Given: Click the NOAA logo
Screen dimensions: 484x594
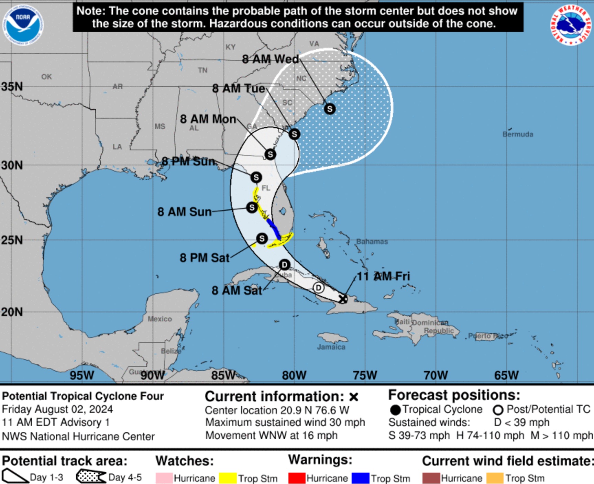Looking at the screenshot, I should pos(23,24).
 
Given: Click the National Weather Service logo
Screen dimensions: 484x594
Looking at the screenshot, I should pos(571,24).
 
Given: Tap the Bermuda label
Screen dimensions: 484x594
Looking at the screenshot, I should pos(518,134).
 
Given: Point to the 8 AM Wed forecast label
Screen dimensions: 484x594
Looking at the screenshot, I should pos(270,59).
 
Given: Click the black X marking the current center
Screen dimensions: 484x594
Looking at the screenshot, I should pos(343,299).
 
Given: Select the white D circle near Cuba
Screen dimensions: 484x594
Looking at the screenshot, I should pos(319,288).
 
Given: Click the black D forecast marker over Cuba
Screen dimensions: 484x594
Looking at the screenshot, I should pos(284,265).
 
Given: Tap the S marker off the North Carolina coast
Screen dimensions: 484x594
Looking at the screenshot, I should pos(330,109).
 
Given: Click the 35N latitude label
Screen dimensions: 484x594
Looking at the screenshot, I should pos(12,86).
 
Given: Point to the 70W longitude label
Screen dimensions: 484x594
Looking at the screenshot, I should pos(436,375).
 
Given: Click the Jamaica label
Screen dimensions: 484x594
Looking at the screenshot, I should pos(331,347).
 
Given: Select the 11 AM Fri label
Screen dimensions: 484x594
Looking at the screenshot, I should pos(383,276).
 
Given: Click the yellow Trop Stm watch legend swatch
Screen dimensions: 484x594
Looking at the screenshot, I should pos(228,478).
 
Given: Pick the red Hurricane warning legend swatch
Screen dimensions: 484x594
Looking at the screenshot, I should pos(297,478).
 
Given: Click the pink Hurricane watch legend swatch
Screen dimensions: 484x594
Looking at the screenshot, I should pos(164,478).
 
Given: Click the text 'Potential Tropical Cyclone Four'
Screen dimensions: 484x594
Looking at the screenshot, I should pos(83,396).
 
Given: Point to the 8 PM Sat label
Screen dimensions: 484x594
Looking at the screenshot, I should pos(205,257).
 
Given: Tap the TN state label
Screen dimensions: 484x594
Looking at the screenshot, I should pos(202,70).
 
